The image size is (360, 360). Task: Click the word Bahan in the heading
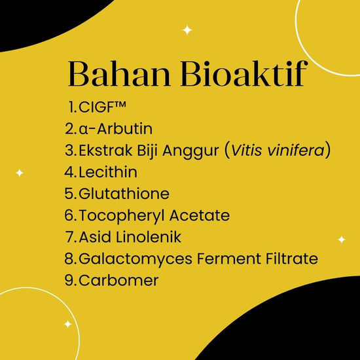tap(119, 73)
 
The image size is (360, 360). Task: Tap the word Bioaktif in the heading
tap(244, 73)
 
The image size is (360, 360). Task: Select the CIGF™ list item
tap(102, 107)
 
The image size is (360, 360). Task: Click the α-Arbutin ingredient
tap(115, 128)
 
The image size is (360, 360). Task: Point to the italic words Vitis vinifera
tap(278, 151)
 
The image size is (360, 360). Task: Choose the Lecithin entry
tap(108, 172)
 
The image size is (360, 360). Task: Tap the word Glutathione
tap(124, 194)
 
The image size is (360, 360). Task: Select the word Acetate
tap(200, 215)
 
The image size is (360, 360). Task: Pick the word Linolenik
tap(149, 237)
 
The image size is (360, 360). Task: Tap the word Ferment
tap(229, 259)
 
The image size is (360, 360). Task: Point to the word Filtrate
tap(292, 259)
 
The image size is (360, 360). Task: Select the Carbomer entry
tap(118, 280)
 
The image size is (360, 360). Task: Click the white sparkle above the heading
tap(187, 30)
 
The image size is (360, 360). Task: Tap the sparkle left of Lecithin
tap(20, 173)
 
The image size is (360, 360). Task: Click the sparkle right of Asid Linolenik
tap(342, 240)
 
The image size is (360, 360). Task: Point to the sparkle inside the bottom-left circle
tap(67, 324)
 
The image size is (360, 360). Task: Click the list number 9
tap(69, 280)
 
